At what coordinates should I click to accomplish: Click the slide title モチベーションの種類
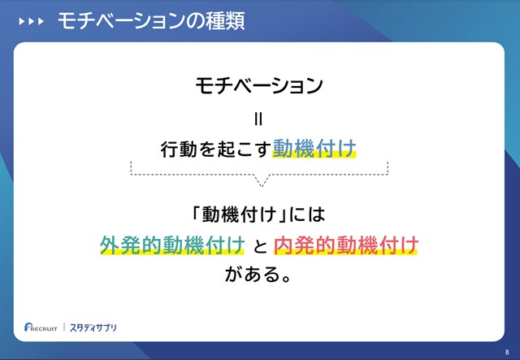151,21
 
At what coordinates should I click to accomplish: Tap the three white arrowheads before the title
31,22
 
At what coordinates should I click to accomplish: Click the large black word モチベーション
259,85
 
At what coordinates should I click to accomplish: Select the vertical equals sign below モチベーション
258,119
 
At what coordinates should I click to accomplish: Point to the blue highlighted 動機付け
314,149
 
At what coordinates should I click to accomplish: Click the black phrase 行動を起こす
216,149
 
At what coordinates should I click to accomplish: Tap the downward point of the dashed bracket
262,186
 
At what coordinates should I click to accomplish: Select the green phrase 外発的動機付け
172,245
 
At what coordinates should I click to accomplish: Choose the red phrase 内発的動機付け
346,245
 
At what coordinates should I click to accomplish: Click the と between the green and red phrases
260,246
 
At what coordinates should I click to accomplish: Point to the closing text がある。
258,275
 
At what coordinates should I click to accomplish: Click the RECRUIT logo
41,327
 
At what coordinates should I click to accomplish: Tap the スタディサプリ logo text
93,327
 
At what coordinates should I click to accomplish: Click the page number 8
507,353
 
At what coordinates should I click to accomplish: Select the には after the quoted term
307,215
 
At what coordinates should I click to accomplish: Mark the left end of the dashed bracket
132,162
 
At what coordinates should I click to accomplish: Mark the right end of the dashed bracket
388,162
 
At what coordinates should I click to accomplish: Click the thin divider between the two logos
64,327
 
